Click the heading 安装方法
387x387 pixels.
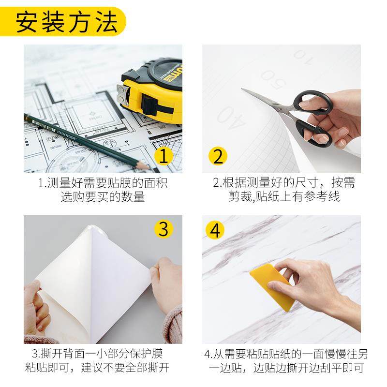(x=67, y=22)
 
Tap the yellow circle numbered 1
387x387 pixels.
(x=163, y=156)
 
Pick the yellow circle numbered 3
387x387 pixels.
(x=163, y=229)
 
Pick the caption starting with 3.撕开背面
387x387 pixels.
(x=103, y=354)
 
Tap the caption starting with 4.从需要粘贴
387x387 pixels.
(x=284, y=354)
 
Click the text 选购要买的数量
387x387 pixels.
(x=103, y=197)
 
